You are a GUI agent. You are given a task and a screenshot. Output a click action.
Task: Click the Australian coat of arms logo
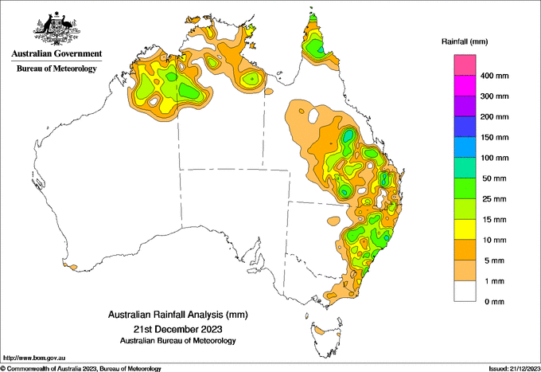(57, 29)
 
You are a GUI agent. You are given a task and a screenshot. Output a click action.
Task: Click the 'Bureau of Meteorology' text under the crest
(56, 69)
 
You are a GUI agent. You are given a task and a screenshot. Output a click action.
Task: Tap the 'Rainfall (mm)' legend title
(465, 41)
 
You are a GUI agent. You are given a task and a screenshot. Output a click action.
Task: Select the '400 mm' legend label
(494, 76)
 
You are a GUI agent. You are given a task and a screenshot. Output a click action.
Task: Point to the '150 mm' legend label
(494, 137)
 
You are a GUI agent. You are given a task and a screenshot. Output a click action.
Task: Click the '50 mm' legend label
(494, 178)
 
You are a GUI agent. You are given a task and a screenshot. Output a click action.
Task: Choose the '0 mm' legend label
(494, 302)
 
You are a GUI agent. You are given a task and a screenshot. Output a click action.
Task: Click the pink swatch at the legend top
(465, 65)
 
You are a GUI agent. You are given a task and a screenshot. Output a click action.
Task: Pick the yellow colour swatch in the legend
(465, 229)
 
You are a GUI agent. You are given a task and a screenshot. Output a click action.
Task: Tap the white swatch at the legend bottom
(465, 292)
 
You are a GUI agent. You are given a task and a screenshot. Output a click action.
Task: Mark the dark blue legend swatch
(465, 127)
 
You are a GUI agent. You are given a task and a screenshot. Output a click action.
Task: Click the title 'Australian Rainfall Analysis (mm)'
(178, 315)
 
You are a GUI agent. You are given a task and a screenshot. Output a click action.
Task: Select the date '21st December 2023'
(178, 329)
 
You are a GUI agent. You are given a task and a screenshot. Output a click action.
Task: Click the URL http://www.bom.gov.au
(34, 358)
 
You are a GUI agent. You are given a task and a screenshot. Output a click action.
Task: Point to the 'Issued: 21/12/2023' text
(514, 369)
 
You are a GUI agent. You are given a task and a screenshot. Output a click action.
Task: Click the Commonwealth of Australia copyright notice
(81, 369)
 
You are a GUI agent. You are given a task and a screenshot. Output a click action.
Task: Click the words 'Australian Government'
(56, 53)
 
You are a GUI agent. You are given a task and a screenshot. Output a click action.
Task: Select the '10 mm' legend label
(494, 240)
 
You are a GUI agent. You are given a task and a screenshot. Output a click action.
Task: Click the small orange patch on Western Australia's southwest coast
(73, 267)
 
